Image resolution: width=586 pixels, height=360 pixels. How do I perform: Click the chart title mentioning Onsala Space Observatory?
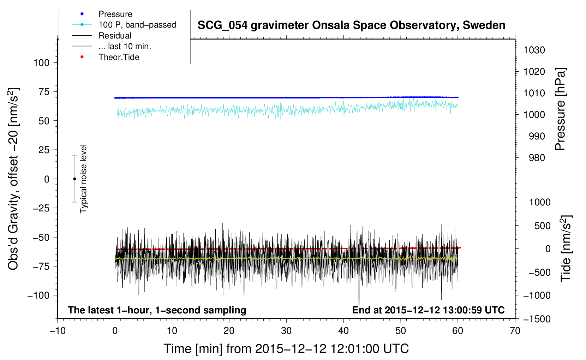pyautogui.click(x=351, y=25)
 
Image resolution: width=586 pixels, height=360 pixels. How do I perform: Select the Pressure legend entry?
pyautogui.click(x=102, y=14)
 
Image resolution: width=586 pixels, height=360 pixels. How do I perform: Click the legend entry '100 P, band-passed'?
pyautogui.click(x=124, y=25)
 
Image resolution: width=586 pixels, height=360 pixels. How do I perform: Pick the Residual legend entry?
pyautogui.click(x=102, y=35)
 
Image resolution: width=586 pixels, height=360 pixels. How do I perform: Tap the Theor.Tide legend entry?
pyautogui.click(x=106, y=57)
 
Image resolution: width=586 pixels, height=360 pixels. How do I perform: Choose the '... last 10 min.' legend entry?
pyautogui.click(x=112, y=46)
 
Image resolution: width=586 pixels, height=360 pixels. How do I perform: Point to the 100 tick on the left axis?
pyautogui.click(x=41, y=63)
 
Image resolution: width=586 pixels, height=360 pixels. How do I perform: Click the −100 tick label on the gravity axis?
pyautogui.click(x=38, y=295)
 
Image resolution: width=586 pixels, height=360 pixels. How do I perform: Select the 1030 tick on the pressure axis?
pyautogui.click(x=534, y=50)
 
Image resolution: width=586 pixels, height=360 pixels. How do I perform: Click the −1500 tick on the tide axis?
pyautogui.click(x=537, y=319)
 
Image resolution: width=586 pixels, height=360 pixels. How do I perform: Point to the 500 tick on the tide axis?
pyautogui.click(x=542, y=226)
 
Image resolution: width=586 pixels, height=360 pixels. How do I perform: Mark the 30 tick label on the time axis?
pyautogui.click(x=286, y=331)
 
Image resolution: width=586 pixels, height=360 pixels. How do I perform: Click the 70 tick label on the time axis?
pyautogui.click(x=515, y=331)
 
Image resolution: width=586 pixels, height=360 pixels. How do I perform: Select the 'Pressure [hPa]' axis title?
pyautogui.click(x=560, y=109)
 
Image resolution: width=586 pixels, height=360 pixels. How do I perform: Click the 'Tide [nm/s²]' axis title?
pyautogui.click(x=566, y=248)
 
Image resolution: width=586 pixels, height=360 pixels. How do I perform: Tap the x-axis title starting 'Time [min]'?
pyautogui.click(x=286, y=349)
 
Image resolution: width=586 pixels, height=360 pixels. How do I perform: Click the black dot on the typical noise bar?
pyautogui.click(x=74, y=179)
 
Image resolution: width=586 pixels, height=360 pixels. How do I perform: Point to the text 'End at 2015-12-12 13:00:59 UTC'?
pyautogui.click(x=428, y=310)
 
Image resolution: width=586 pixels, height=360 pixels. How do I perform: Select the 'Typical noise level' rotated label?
pyautogui.click(x=83, y=179)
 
